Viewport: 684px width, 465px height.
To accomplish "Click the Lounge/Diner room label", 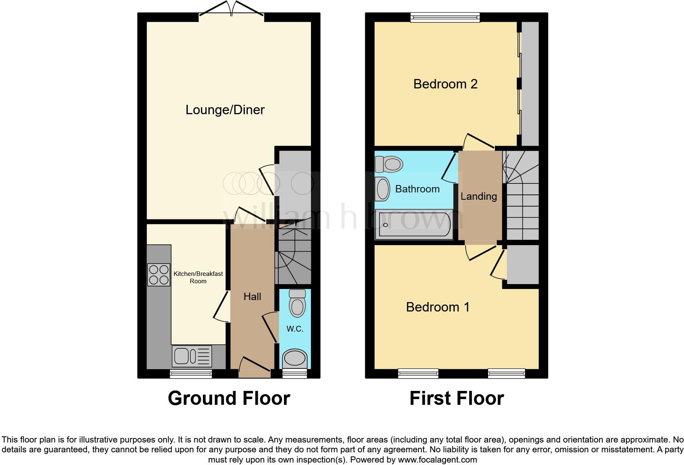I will point(225,110).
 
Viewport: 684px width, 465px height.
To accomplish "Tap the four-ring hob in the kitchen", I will point(159,275).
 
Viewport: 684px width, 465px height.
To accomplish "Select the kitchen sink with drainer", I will point(192,356).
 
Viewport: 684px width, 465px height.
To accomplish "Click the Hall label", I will point(252,297).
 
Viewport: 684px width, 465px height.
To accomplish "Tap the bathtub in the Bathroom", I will point(414,225).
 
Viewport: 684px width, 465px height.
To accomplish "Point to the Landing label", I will point(479,196).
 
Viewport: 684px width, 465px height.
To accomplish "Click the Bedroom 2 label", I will point(445,84).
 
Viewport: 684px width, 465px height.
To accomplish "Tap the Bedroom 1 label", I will point(438,307).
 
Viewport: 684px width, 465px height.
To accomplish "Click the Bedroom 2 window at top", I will point(445,17).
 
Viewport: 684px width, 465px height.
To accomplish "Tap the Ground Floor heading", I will point(229,398).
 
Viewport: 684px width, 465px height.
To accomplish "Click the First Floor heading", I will point(457,398).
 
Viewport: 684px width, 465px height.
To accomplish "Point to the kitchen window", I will point(191,373).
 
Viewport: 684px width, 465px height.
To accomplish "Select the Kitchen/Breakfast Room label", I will point(198,277).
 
